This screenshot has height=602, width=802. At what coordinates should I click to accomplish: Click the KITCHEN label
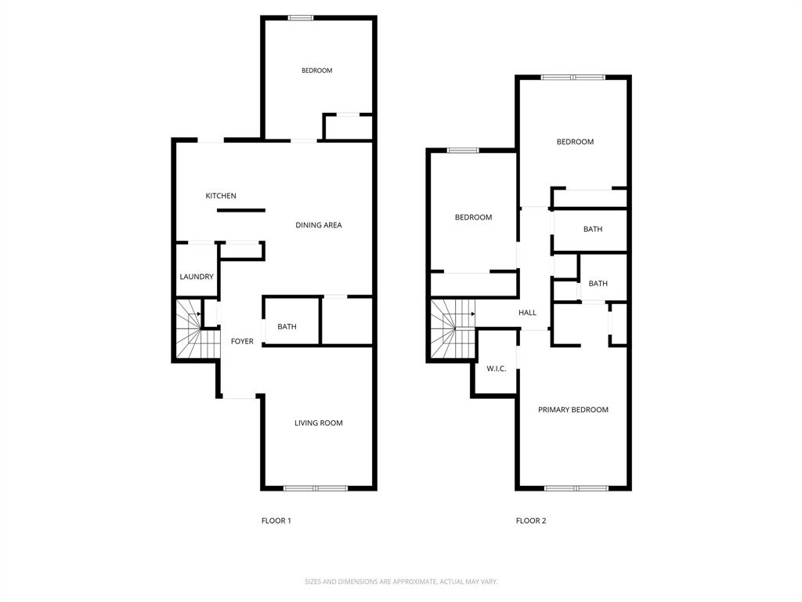tap(221, 196)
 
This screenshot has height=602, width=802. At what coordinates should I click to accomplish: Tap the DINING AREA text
tap(318, 226)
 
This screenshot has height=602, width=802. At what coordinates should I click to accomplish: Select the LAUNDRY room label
tap(197, 277)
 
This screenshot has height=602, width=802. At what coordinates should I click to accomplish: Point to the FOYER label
tap(242, 341)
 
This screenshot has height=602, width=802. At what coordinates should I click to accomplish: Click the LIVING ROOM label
tap(318, 423)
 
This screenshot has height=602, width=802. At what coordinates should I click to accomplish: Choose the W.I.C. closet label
tap(497, 368)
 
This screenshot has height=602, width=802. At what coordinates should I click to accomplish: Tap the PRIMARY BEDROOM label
tap(573, 410)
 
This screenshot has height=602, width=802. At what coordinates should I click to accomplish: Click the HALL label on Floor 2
tap(527, 313)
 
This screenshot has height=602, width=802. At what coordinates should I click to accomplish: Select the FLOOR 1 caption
tap(276, 520)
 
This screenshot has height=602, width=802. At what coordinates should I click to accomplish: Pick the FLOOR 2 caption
tap(530, 520)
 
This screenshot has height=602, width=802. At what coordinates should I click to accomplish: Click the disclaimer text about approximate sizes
tap(401, 582)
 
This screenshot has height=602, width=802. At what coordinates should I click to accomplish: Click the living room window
tap(315, 488)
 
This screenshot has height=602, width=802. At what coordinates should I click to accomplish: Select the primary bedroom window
tap(576, 488)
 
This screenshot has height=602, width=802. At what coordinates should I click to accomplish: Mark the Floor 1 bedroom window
tap(301, 18)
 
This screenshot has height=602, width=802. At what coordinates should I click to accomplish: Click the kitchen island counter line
tap(241, 210)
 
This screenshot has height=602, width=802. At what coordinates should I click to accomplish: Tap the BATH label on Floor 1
tap(287, 327)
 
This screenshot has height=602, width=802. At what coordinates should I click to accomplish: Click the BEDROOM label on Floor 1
tap(316, 71)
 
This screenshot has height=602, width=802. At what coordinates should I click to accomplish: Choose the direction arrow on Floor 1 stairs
tap(200, 314)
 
